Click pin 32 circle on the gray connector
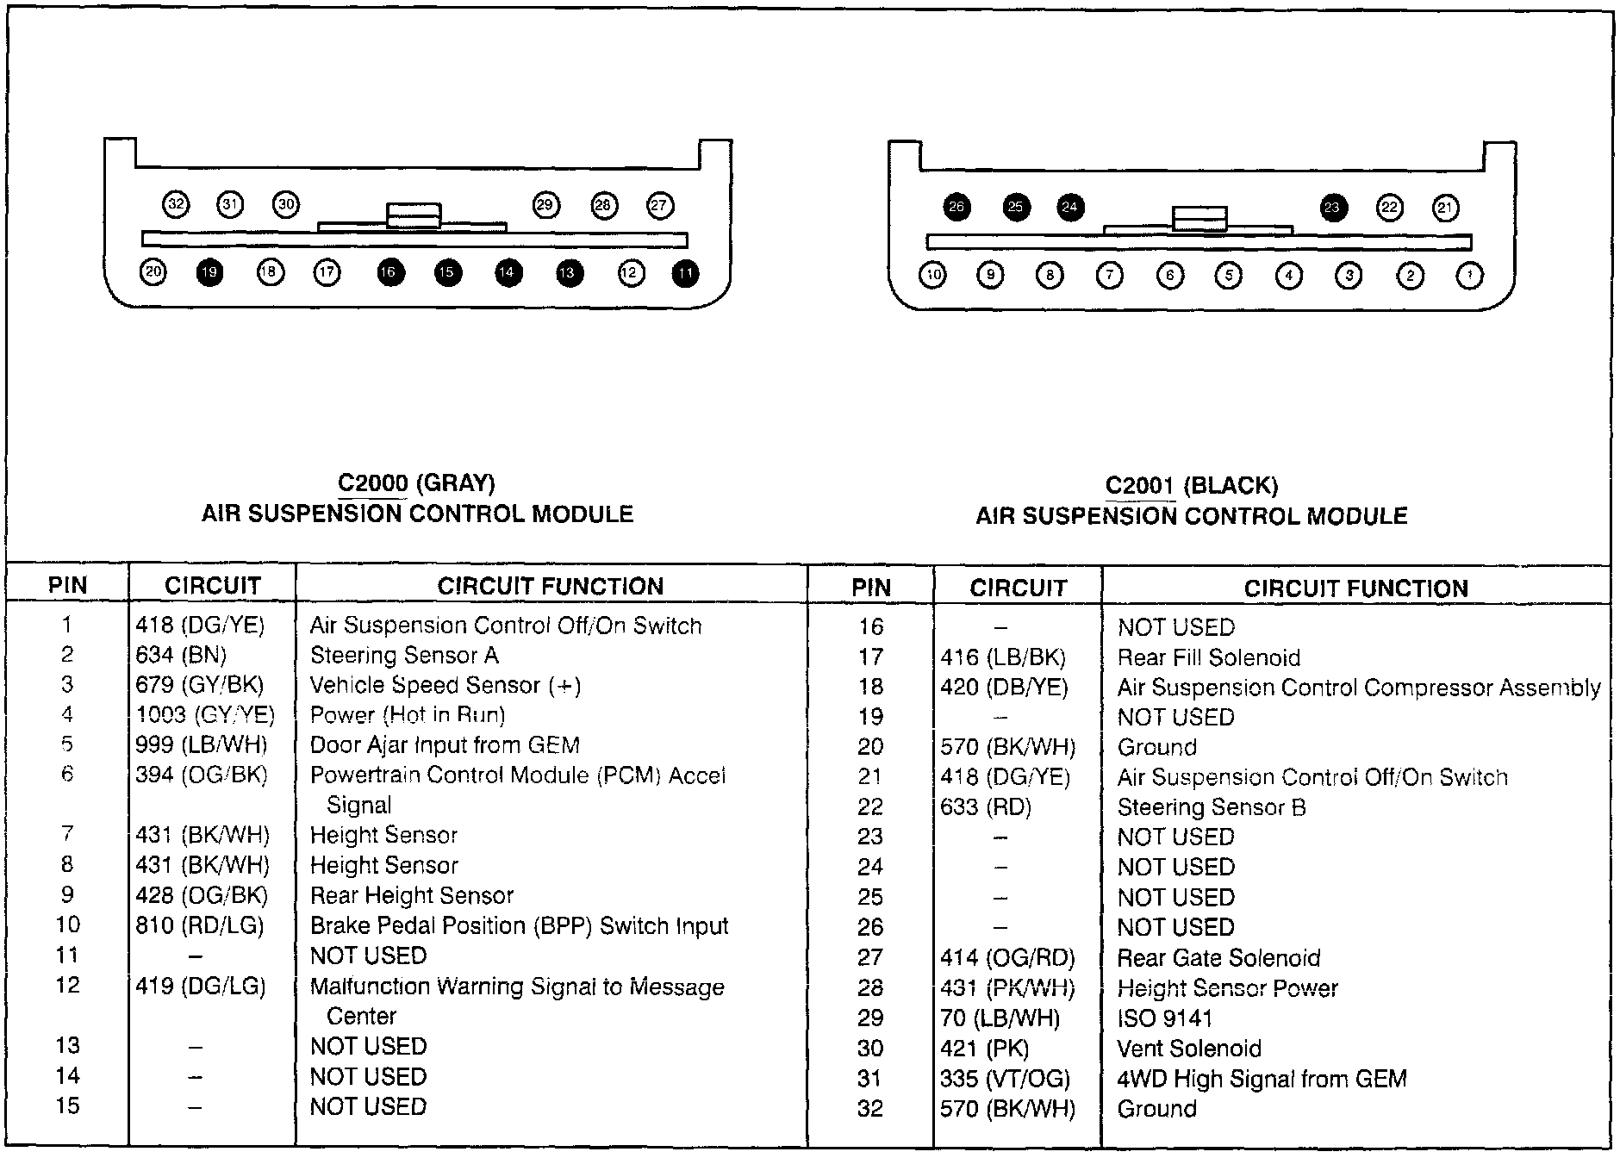[176, 205]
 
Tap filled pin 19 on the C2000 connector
[209, 273]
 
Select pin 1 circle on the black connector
[1469, 276]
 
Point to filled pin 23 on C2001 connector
[1332, 208]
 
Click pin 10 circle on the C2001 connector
[933, 275]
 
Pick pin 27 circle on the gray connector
[660, 206]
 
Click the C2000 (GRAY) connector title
[416, 483]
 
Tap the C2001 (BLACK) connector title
[1192, 486]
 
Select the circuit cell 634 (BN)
[181, 656]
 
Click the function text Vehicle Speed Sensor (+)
[445, 686]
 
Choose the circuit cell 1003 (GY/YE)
[205, 715]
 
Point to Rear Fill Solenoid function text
[1208, 658]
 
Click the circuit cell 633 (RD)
[986, 807]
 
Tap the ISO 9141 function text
[1164, 1018]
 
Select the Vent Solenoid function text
[1189, 1049]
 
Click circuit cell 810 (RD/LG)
[200, 926]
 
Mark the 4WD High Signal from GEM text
[1262, 1079]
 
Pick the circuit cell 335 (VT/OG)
[1005, 1079]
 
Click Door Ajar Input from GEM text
[445, 745]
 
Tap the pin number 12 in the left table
[67, 986]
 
